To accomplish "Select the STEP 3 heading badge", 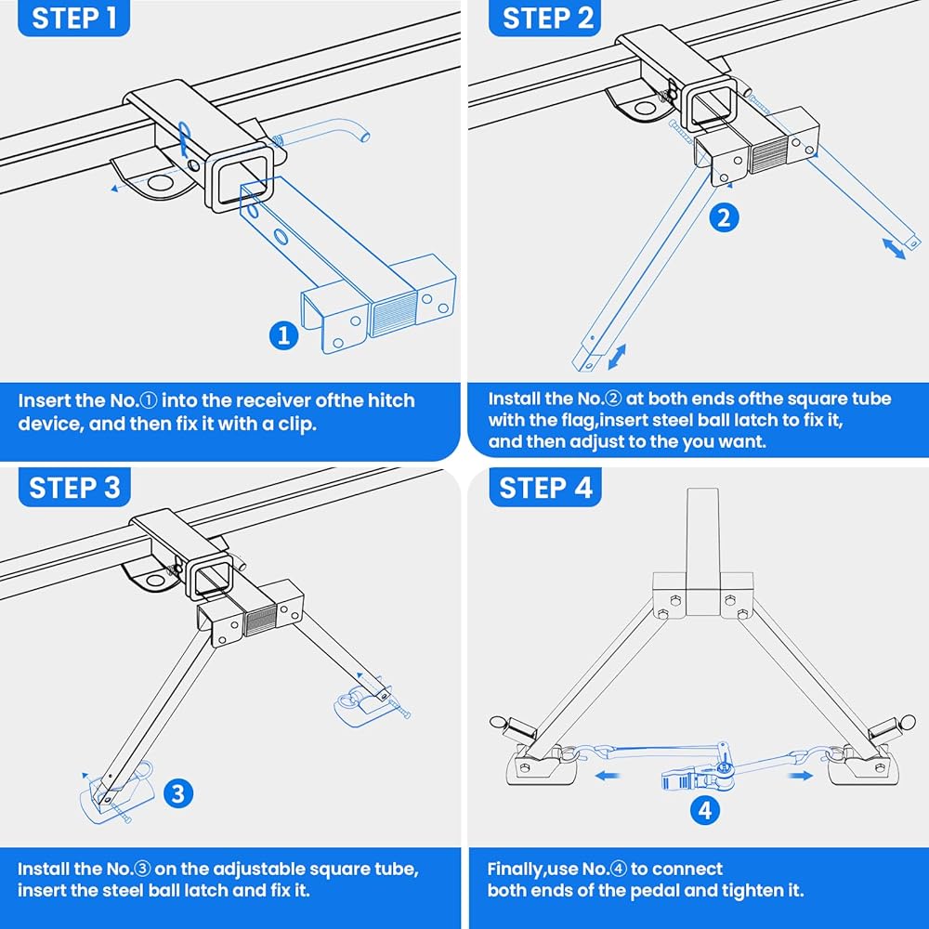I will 75,488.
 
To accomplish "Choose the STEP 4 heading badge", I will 545,488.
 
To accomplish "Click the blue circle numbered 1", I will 284,334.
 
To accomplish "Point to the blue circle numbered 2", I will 724,217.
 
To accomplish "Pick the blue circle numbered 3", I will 178,793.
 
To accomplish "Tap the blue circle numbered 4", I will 705,810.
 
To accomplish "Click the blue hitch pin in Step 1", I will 325,137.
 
